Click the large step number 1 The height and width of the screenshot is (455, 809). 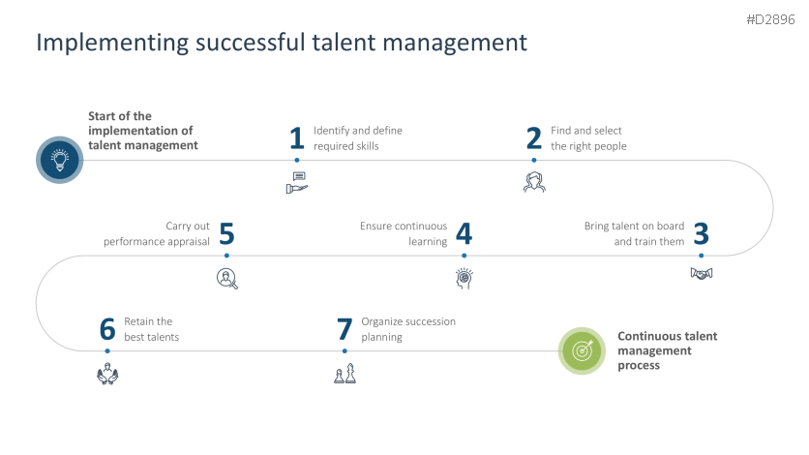pos(297,138)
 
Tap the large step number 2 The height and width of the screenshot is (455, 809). pos(534,138)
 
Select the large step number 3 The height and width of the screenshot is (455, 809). pos(702,234)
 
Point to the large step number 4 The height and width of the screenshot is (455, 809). pos(464,234)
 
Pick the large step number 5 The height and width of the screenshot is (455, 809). pos(226,234)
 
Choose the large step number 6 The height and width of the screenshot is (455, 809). pos(107,330)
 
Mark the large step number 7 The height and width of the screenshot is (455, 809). pos(345,330)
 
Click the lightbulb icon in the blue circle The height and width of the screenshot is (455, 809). pos(60,160)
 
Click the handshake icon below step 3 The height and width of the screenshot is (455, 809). pos(702,274)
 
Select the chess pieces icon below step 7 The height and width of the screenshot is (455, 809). pos(345,374)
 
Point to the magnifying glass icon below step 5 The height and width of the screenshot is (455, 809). pos(226,278)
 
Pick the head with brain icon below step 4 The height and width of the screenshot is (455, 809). pos(464,278)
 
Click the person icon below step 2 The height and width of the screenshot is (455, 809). pos(534,181)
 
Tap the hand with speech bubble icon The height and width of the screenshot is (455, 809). pos(297,182)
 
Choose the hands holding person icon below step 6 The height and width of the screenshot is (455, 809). pos(107,374)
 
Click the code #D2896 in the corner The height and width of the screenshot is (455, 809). pos(770,19)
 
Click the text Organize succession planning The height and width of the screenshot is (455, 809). pos(407,329)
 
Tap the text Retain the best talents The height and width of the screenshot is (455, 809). pos(151,329)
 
